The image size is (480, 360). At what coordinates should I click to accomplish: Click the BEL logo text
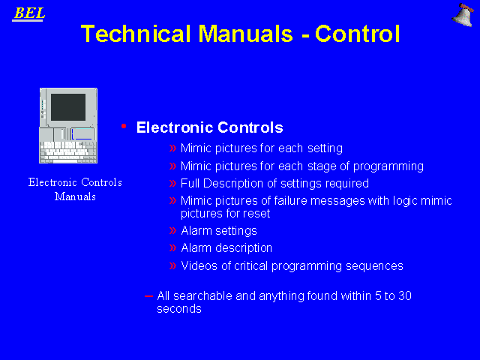click(x=29, y=13)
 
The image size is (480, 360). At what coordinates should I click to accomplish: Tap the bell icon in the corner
click(x=463, y=15)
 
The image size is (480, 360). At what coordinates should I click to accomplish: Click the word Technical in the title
click(x=136, y=34)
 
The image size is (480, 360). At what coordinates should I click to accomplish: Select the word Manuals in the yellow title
click(x=246, y=34)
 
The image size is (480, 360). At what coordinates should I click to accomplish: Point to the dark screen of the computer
click(x=68, y=107)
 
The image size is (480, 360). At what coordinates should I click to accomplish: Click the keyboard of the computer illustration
click(x=68, y=151)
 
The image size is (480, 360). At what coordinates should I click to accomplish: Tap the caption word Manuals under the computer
click(x=75, y=196)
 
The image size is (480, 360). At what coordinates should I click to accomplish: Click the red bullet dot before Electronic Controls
click(x=124, y=126)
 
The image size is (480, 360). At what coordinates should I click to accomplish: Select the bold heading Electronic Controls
click(x=210, y=127)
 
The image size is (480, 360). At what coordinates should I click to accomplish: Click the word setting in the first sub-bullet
click(x=325, y=148)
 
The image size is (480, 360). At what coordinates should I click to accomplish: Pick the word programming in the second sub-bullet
click(x=388, y=166)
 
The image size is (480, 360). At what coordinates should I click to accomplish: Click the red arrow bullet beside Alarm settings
click(x=173, y=230)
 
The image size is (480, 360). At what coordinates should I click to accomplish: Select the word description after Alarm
click(x=244, y=248)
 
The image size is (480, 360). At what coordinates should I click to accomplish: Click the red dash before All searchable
click(x=148, y=296)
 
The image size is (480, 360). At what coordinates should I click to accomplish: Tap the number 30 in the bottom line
click(x=405, y=295)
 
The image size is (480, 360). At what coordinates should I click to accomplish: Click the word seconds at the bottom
click(x=179, y=308)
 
